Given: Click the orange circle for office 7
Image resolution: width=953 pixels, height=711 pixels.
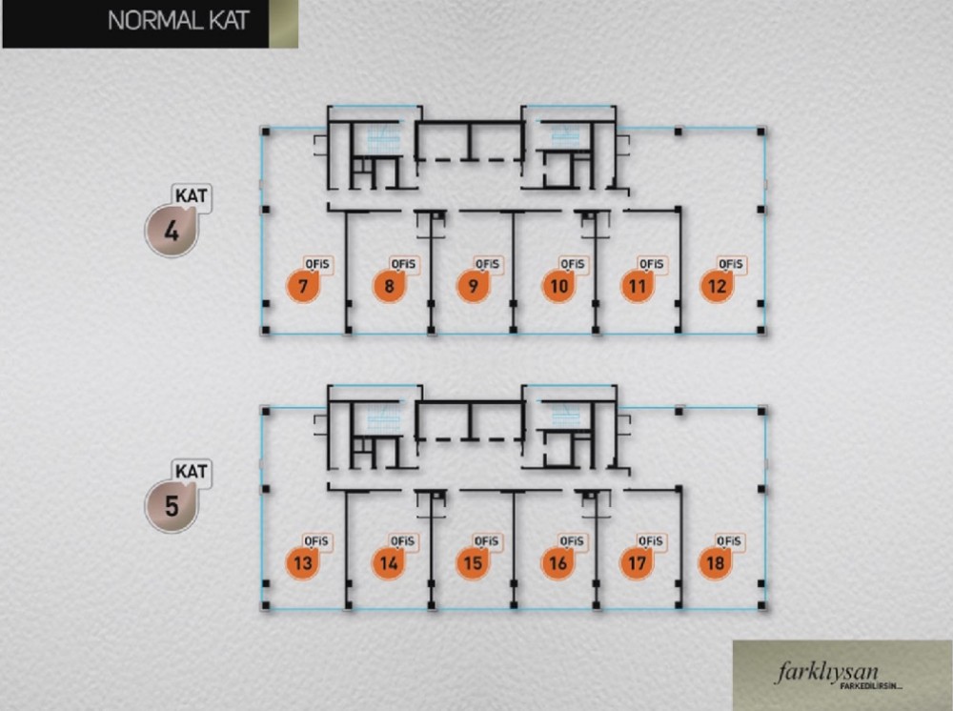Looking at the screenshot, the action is [303, 286].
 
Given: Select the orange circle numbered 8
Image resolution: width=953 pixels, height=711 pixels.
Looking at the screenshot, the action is [389, 286].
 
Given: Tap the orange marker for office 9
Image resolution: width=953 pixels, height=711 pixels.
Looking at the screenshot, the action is [473, 286].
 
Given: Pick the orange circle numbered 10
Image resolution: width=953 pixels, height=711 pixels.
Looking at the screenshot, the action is [558, 286].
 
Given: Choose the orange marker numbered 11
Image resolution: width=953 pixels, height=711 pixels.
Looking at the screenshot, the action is [638, 286].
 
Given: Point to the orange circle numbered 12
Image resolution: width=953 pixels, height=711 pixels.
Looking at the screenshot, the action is [718, 286].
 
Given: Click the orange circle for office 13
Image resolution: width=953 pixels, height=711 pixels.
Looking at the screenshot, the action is [303, 562].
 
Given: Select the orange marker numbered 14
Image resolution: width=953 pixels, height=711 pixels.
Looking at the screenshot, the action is [389, 562].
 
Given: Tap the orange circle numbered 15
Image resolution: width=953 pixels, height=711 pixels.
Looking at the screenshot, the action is [473, 562].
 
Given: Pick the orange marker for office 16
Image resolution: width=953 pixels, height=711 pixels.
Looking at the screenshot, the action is [558, 562].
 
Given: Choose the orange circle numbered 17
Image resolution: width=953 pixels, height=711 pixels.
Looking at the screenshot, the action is [637, 562].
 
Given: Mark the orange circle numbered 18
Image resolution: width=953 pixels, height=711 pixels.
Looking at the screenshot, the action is [716, 562].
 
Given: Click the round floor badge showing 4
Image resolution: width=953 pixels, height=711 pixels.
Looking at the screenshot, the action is [172, 231].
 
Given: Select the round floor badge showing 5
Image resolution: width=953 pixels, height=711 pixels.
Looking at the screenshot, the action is [172, 506].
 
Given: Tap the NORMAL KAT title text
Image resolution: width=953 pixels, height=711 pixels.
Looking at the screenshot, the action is [179, 21].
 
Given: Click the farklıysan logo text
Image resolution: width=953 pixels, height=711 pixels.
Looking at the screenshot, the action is [827, 672].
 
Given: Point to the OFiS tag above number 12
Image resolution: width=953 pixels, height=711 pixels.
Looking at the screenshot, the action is [731, 264].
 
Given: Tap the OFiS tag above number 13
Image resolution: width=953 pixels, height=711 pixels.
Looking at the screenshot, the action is [316, 541].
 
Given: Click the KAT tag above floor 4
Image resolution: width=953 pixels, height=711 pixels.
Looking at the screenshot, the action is [192, 196].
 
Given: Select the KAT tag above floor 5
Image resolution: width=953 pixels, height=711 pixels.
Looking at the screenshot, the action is [192, 472].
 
